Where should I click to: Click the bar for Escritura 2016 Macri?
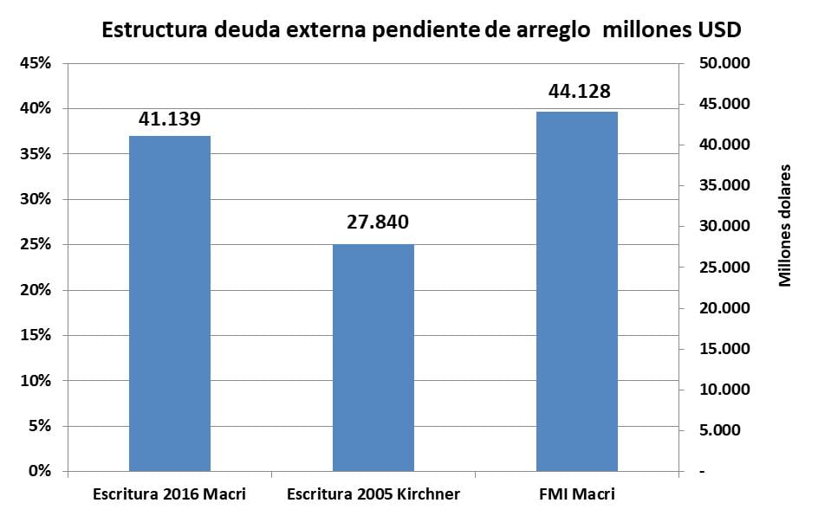[x=170, y=303]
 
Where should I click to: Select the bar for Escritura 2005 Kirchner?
[x=373, y=358]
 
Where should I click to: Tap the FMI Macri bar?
[x=577, y=291]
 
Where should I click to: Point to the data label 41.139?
[x=170, y=119]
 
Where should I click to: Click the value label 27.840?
[x=373, y=223]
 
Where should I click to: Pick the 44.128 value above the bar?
[x=577, y=92]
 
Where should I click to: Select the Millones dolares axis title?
[x=785, y=224]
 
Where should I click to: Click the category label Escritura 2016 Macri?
[x=170, y=494]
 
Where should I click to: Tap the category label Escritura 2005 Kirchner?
[x=373, y=494]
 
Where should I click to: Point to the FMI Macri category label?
[x=577, y=494]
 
